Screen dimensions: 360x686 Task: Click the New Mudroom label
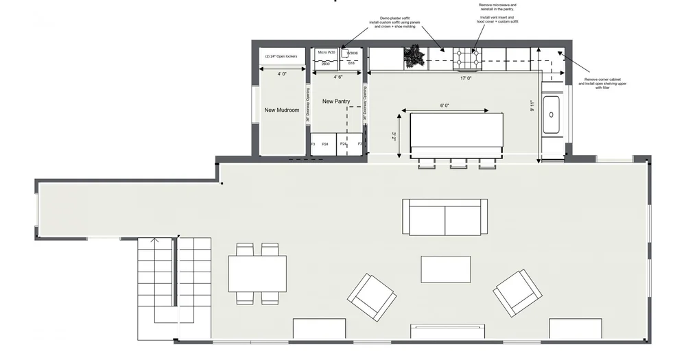(282, 110)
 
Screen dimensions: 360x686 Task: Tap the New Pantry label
(336, 101)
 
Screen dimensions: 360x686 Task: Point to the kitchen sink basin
(552, 115)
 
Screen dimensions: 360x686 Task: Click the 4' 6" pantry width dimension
(338, 77)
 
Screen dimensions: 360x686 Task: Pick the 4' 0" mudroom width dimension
(282, 73)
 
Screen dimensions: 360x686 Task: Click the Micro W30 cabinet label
(327, 52)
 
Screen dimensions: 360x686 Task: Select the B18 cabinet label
(351, 63)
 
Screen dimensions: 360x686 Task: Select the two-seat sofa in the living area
(445, 217)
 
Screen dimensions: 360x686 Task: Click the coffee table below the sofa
(446, 269)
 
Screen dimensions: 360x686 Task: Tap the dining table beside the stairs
(258, 274)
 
